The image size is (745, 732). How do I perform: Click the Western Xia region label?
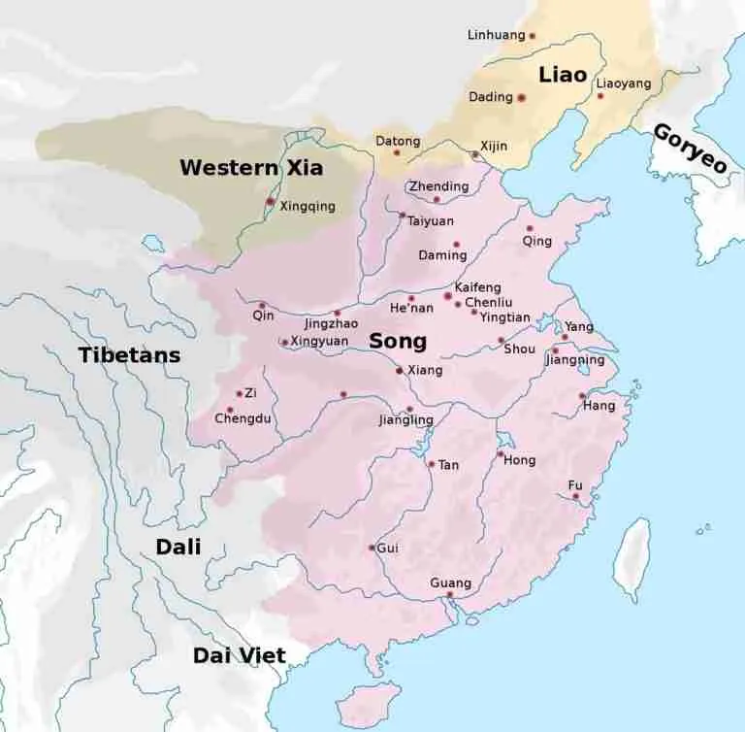click(x=251, y=167)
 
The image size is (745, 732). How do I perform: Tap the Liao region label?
click(x=563, y=74)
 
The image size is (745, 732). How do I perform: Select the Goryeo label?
click(x=690, y=149)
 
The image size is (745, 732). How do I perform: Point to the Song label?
click(x=398, y=342)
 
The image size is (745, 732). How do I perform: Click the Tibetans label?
click(x=130, y=355)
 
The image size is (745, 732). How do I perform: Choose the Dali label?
click(x=178, y=548)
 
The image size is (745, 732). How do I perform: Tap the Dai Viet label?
click(x=240, y=655)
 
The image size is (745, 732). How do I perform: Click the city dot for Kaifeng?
click(x=447, y=295)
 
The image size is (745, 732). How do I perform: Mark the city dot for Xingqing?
click(x=270, y=201)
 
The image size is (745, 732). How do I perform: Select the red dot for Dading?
click(x=521, y=97)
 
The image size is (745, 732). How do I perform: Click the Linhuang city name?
click(x=495, y=36)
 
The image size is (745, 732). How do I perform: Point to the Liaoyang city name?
click(x=624, y=83)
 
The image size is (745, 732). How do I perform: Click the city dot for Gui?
click(x=372, y=548)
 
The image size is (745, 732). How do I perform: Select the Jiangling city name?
click(x=405, y=421)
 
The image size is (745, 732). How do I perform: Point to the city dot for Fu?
click(x=576, y=496)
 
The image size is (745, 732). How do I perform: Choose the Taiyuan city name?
click(x=430, y=221)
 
